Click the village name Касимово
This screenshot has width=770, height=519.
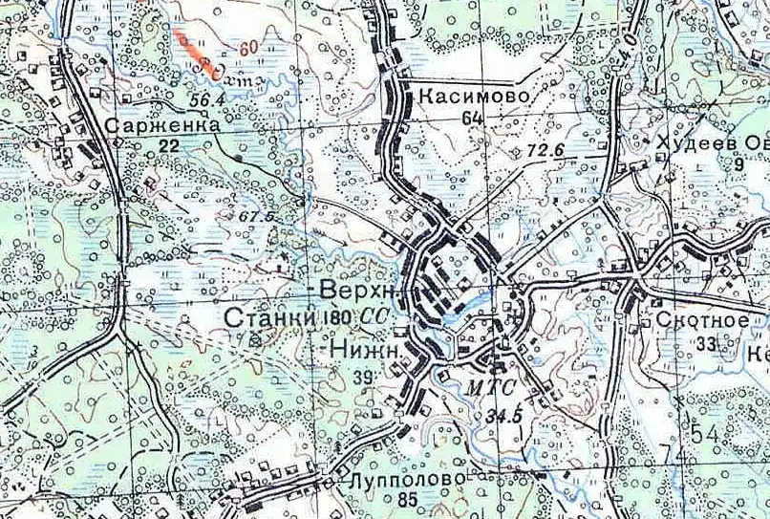[471, 97]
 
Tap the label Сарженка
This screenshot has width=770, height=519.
[156, 125]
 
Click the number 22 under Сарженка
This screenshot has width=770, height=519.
[169, 145]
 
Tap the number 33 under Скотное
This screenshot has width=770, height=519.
[707, 343]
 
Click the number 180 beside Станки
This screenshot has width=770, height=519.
[339, 317]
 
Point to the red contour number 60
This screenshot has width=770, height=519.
[250, 47]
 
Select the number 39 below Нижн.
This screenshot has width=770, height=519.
[362, 378]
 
